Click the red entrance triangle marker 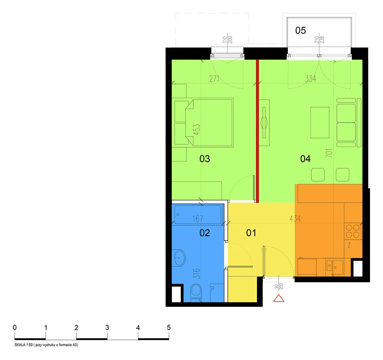278,298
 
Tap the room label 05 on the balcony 301,31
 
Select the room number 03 204,159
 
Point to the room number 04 305,159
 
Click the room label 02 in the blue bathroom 204,233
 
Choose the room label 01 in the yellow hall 251,233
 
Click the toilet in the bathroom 196,292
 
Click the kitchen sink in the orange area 334,267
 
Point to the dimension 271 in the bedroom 214,79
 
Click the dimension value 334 310,79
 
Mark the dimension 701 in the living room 329,153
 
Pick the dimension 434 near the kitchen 295,218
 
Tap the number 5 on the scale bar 169,327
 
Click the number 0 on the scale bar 15,327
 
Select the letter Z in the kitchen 349,245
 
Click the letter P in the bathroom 213,289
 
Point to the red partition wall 257,131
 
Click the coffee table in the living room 319,123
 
